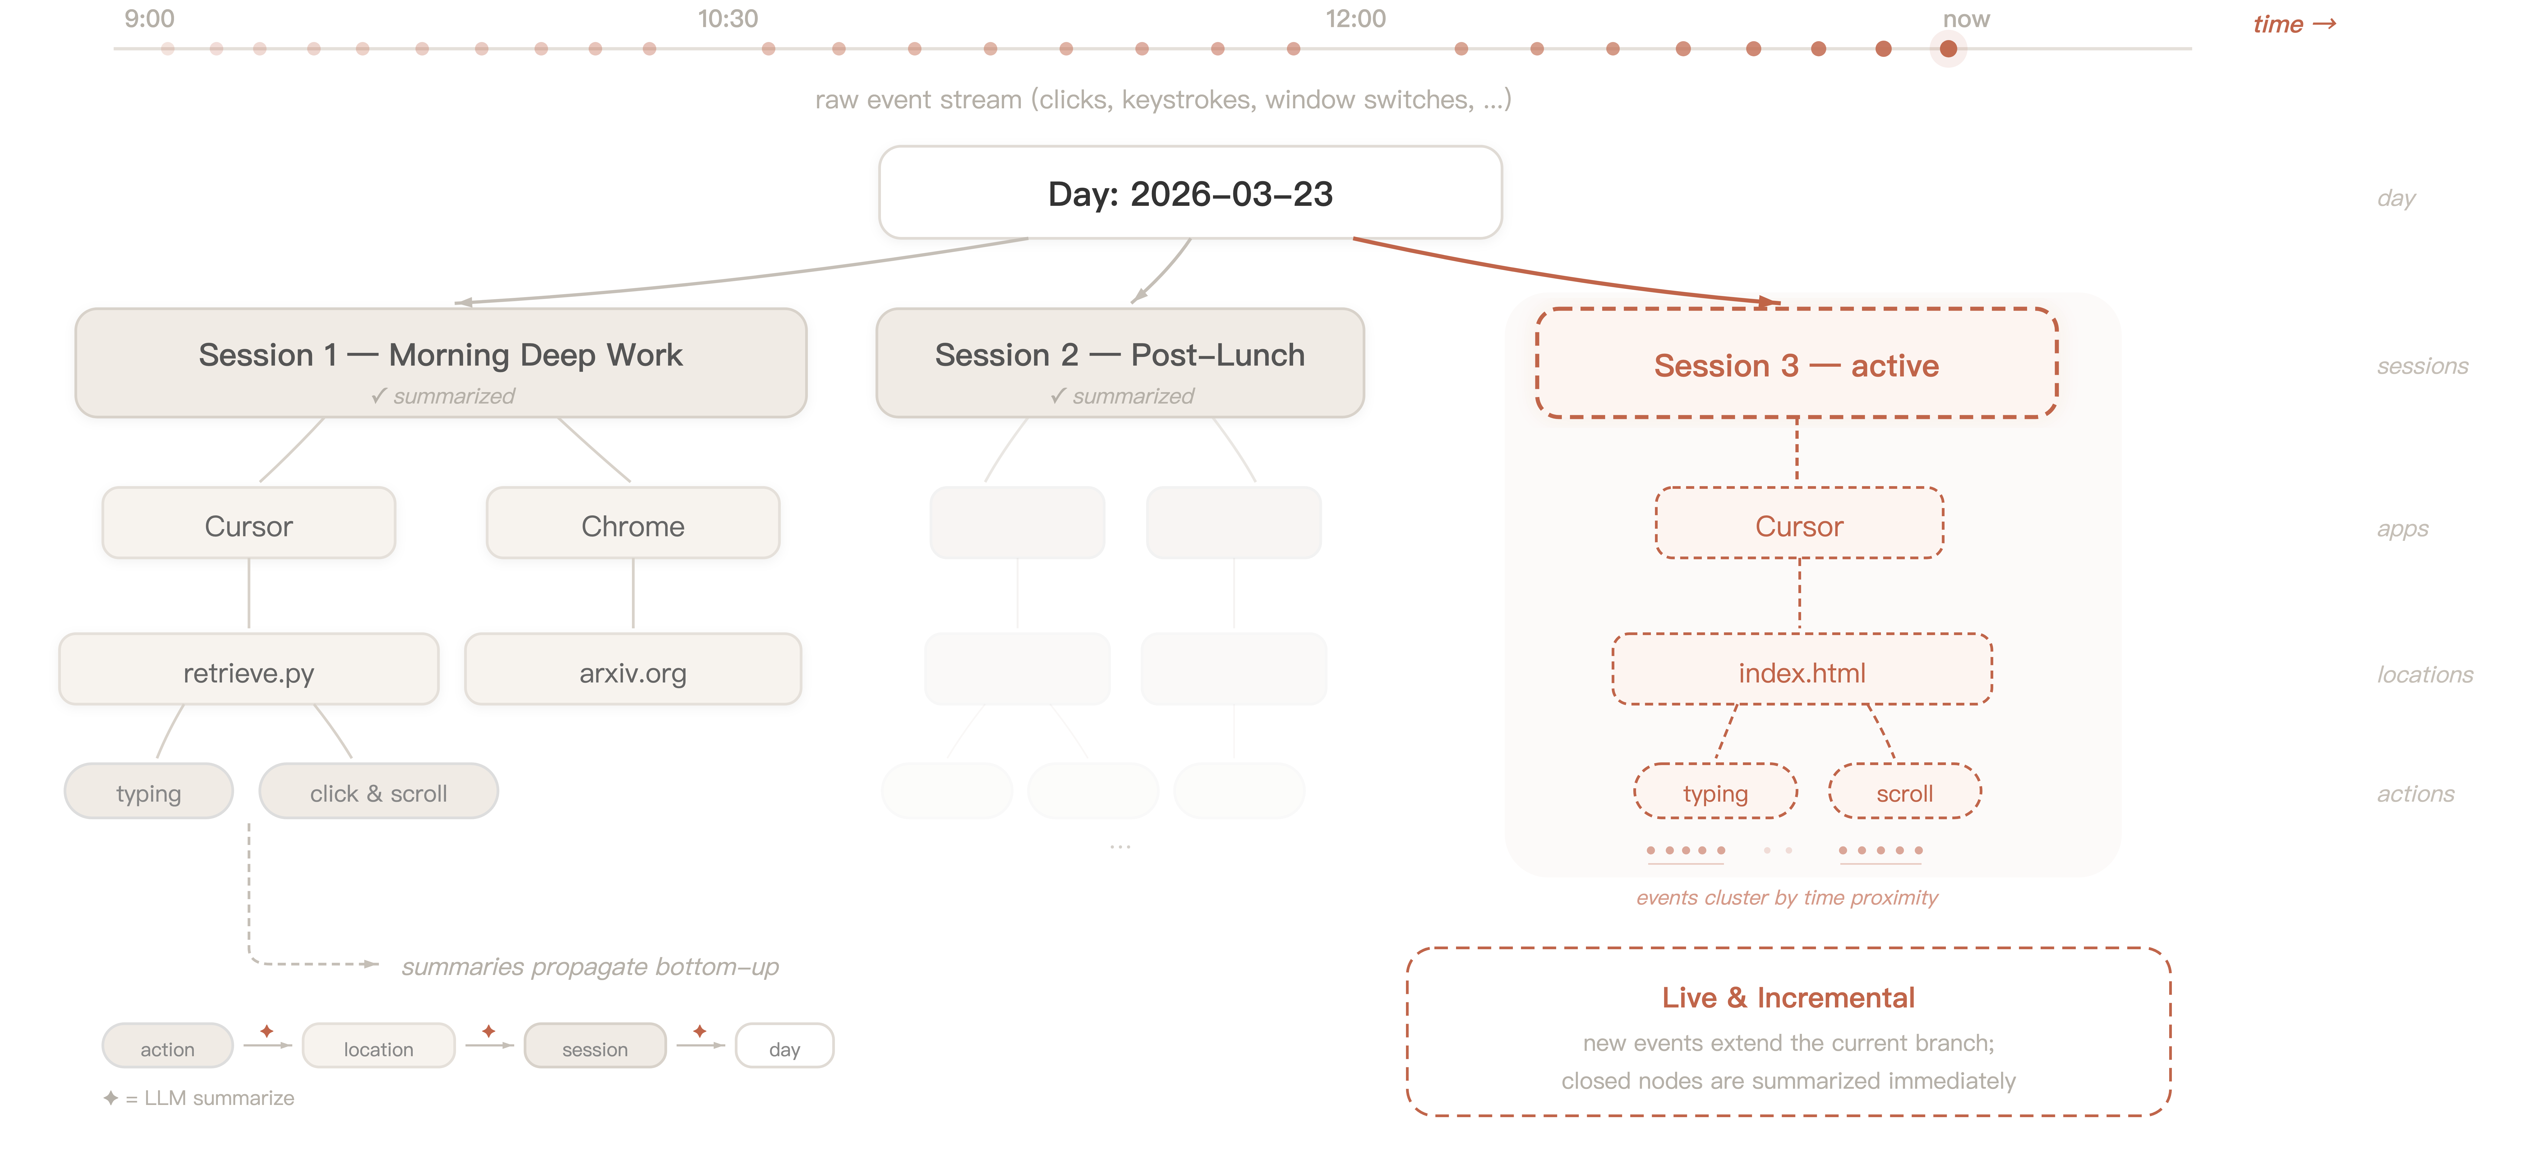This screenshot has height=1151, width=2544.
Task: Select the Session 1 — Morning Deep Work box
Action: pyautogui.click(x=440, y=363)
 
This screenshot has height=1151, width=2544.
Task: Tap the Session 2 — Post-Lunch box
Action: pyautogui.click(x=1120, y=363)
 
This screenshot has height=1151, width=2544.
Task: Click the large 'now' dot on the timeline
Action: pyautogui.click(x=1948, y=48)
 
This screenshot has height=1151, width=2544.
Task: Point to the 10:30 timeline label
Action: pyautogui.click(x=728, y=19)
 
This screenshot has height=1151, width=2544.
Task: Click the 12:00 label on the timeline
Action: pyautogui.click(x=1355, y=19)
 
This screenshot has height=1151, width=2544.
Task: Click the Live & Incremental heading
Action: pyautogui.click(x=1788, y=997)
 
